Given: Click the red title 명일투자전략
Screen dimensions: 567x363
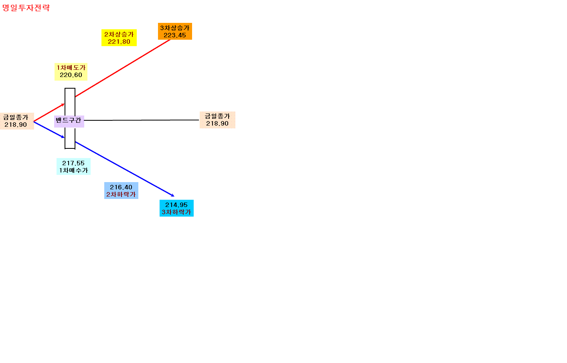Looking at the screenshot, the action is point(26,8).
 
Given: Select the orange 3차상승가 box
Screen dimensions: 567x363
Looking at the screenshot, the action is point(175,31).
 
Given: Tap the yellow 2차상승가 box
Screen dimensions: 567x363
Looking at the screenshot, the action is point(119,38).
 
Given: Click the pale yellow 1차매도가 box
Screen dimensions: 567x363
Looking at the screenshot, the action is point(71,72).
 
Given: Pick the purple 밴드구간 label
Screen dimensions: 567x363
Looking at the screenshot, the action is point(69,122).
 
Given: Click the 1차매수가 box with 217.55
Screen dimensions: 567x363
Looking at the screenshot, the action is point(73,166).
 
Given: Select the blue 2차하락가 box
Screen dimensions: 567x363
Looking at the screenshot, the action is point(121,191).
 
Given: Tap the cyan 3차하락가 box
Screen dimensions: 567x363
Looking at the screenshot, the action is point(176,208).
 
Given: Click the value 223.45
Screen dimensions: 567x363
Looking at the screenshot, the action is point(175,35).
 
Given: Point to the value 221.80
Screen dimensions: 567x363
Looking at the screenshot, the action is point(119,42).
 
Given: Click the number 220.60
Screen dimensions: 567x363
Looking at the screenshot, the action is point(71,75).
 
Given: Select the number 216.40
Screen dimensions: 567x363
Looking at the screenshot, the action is point(121,187).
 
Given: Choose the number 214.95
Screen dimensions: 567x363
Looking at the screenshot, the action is point(176,205).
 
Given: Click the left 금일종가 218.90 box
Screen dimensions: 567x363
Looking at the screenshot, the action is point(17,121).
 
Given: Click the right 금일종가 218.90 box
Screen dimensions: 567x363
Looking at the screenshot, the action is point(217,120).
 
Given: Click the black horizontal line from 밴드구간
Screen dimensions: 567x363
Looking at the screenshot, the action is point(142,120).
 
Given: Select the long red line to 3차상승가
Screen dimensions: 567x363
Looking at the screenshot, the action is point(123,68).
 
